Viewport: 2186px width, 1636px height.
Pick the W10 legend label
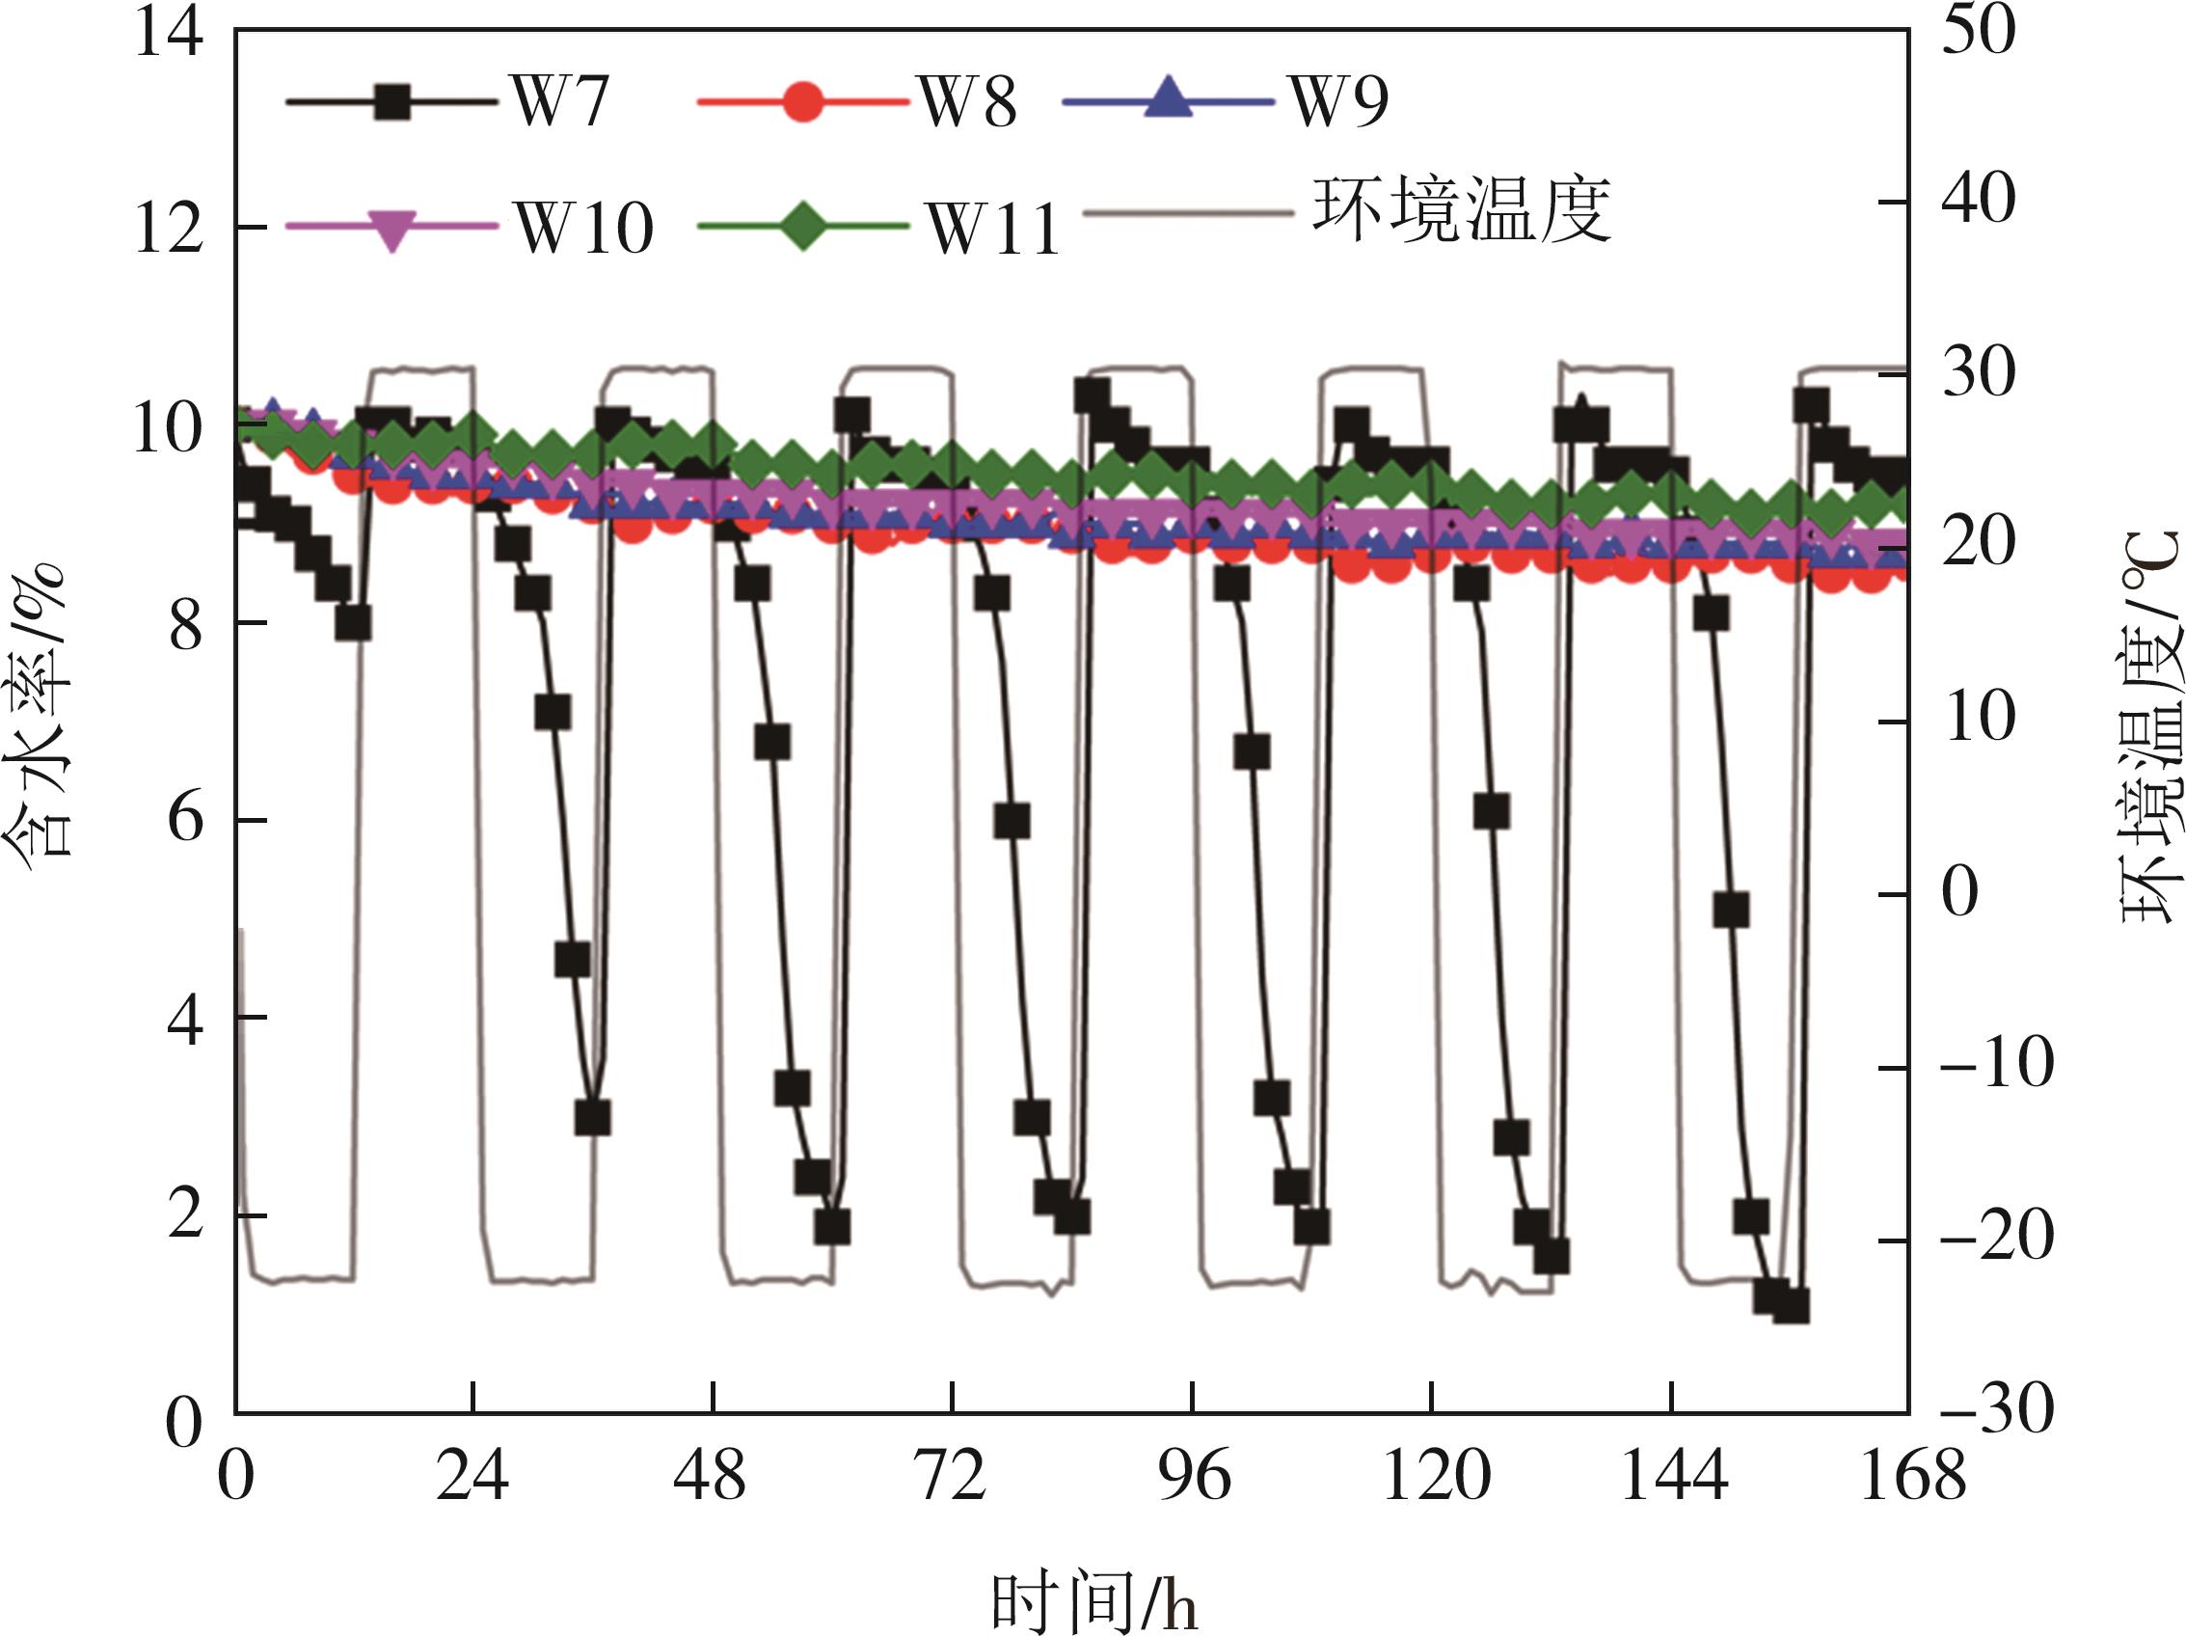(584, 229)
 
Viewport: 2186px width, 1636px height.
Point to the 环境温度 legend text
(1461, 210)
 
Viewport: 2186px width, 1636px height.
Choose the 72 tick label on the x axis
(952, 1478)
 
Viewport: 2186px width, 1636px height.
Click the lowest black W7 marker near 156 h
(1791, 1307)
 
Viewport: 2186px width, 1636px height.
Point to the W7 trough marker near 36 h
(592, 1118)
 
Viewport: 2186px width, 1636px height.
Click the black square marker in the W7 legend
(392, 101)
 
